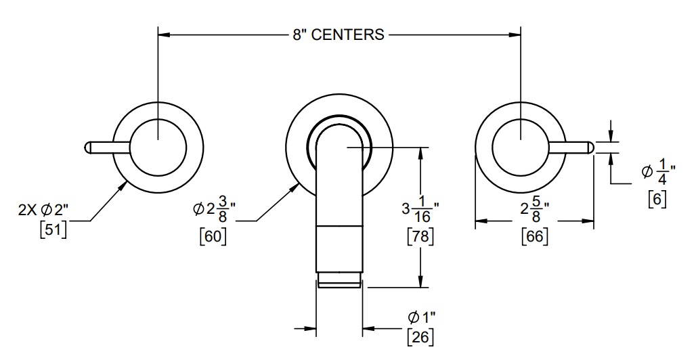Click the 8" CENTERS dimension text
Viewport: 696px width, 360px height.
coord(339,35)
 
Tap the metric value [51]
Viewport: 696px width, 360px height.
coord(53,230)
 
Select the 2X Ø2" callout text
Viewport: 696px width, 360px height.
coord(43,210)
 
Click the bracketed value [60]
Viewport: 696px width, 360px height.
coord(213,235)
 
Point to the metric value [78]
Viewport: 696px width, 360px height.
coord(420,235)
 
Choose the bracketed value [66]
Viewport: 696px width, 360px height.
coord(535,235)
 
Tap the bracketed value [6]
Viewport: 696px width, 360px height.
coord(657,198)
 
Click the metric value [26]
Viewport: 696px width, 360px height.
coord(420,337)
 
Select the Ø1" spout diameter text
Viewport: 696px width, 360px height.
coord(421,317)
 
